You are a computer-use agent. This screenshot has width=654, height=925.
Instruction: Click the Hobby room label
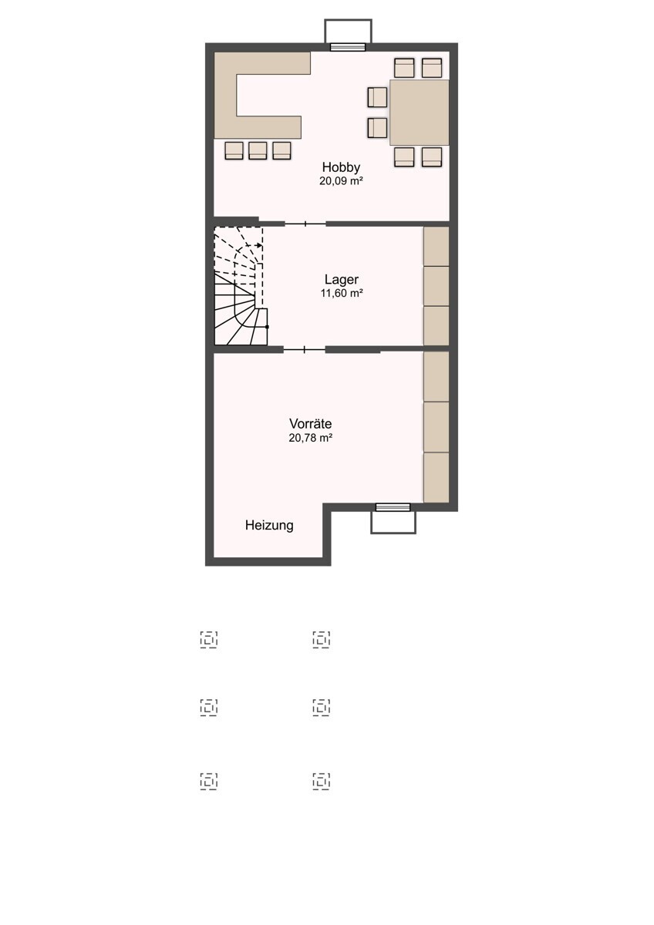pos(341,167)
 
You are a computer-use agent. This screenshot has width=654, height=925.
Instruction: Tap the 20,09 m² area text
pos(341,181)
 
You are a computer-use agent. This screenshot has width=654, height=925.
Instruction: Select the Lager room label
pos(341,280)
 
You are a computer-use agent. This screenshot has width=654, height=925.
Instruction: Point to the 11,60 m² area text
pos(342,293)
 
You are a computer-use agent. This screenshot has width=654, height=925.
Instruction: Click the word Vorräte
pos(310,424)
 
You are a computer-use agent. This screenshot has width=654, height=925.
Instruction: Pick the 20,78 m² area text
pos(311,438)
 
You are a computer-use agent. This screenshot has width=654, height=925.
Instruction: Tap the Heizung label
pos(269,525)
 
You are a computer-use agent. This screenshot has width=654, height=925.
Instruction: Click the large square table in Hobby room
pos(419,113)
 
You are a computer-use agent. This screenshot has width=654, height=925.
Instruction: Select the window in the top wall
pos(348,47)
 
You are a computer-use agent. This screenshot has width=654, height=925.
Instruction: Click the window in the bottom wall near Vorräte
pos(393,507)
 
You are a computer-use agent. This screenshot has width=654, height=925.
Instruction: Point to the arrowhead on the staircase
pos(259,245)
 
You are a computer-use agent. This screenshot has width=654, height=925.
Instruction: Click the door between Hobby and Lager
pos(305,224)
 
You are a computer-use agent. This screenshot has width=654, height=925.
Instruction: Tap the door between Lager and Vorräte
pos(305,350)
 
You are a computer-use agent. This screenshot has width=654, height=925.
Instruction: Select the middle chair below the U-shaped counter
pos(258,150)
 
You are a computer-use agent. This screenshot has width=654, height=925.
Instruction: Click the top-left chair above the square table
pos(404,68)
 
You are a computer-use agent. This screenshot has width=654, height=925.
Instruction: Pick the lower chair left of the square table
pos(377,128)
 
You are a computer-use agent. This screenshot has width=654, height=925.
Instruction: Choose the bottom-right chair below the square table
pos(432,157)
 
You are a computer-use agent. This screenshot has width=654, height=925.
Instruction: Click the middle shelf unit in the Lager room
pos(437,286)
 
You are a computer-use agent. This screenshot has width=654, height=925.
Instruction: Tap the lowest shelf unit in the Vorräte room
pos(437,477)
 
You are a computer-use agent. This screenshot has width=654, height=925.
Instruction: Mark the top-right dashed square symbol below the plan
pos(321,639)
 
